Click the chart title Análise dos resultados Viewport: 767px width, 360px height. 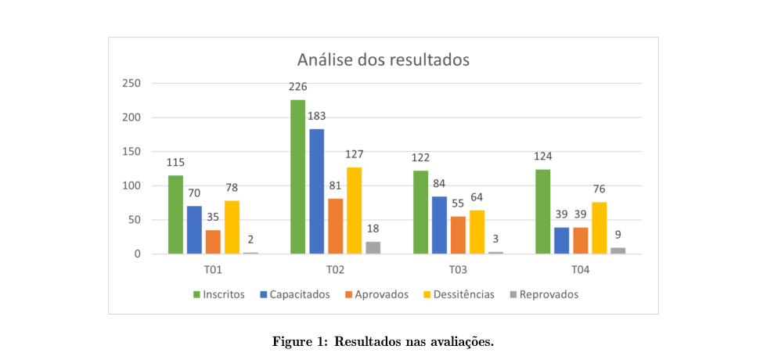[x=383, y=59]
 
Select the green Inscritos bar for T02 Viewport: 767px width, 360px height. [x=298, y=177]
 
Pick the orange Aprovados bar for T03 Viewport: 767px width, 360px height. [x=458, y=235]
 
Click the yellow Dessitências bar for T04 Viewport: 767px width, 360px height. [x=599, y=228]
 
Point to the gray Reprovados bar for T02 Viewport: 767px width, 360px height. [x=373, y=247]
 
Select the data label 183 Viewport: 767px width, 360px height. [x=317, y=117]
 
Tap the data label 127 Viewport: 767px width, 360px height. [x=355, y=154]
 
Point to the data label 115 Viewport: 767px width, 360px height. [x=175, y=163]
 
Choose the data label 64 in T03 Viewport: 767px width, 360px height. [x=477, y=196]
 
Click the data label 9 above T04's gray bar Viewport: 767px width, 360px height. [x=618, y=234]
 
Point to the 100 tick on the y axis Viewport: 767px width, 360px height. [x=131, y=186]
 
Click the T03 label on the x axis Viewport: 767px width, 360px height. [x=458, y=270]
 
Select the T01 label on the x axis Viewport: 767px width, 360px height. [x=213, y=270]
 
